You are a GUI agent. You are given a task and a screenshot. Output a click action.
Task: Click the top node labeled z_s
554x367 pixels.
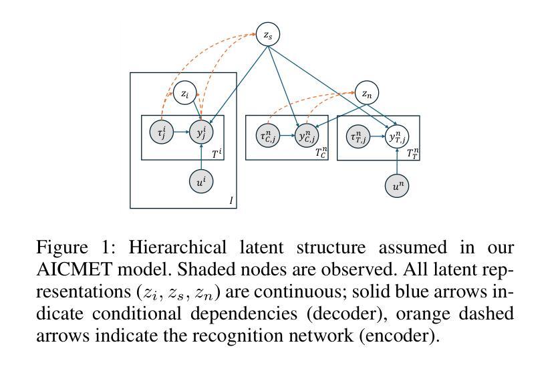(268, 34)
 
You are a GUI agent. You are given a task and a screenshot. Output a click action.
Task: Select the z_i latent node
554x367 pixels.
(185, 93)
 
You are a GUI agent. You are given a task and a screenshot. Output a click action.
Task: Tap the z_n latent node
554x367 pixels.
(367, 93)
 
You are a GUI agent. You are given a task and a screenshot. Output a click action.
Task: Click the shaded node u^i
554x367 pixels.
(201, 181)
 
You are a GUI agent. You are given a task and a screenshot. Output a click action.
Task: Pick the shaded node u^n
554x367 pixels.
(397, 186)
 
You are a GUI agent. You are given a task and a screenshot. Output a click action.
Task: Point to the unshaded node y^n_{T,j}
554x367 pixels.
(397, 136)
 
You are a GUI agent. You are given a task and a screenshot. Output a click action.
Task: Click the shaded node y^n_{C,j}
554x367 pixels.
(307, 136)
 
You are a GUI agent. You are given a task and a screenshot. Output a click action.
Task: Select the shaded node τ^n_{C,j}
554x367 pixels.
(268, 136)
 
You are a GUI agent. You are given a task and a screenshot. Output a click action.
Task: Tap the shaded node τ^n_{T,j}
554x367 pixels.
(358, 136)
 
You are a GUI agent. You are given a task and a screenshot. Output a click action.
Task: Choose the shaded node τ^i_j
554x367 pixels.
(162, 132)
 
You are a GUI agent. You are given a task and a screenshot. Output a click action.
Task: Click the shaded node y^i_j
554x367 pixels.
(201, 132)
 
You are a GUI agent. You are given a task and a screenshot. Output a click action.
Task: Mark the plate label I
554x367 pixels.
(231, 201)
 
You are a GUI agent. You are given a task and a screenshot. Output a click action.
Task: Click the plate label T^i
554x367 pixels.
(217, 153)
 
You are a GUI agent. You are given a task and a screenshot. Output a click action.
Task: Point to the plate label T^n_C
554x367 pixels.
(321, 152)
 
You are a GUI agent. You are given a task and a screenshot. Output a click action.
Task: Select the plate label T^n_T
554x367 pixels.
(412, 153)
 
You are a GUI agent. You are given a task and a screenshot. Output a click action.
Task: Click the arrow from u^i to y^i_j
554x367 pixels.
(201, 157)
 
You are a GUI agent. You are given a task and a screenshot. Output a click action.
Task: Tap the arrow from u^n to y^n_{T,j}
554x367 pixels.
(397, 161)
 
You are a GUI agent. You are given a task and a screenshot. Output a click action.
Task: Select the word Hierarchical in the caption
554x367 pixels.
(177, 247)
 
